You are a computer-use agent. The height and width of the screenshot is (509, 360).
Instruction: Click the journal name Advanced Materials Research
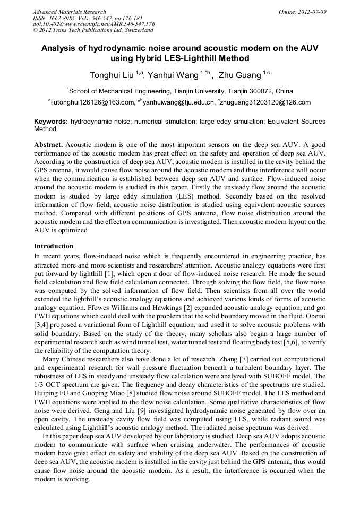[69, 12]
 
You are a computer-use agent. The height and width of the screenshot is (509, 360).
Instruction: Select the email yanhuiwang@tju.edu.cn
[178, 102]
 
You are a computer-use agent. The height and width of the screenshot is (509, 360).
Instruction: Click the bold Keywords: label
[51, 122]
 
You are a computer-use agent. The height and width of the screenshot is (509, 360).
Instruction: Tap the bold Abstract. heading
[49, 145]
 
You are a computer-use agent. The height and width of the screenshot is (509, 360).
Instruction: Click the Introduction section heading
[54, 246]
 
